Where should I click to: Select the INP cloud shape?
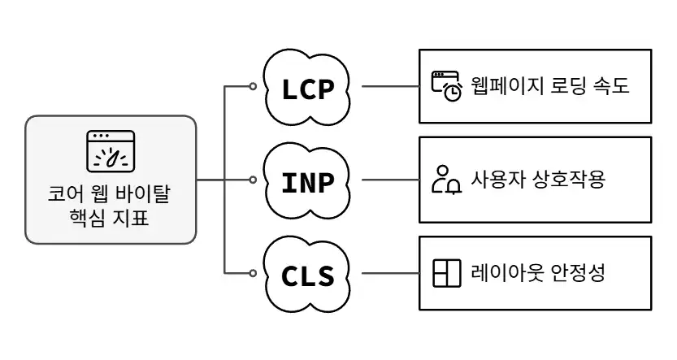[x=308, y=180]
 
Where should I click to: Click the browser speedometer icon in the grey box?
[x=111, y=151]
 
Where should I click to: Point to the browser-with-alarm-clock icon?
[x=446, y=86]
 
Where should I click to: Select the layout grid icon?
[x=446, y=273]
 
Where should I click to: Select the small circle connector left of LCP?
[x=253, y=85]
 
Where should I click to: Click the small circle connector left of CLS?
[x=253, y=272]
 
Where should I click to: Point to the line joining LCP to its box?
[x=389, y=85]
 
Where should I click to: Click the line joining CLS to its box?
[x=389, y=272]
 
